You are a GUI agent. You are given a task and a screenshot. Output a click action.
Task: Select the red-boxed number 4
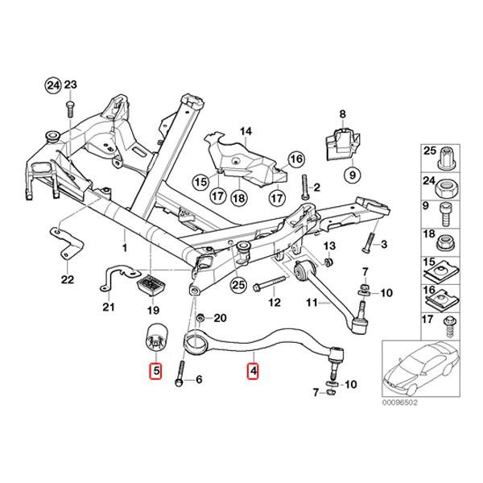pyautogui.click(x=253, y=372)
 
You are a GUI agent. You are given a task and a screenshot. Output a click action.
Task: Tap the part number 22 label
pyautogui.click(x=67, y=279)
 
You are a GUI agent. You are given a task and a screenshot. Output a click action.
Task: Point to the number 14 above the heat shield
pyautogui.click(x=245, y=130)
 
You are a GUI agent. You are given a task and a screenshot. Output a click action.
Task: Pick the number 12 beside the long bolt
pyautogui.click(x=275, y=303)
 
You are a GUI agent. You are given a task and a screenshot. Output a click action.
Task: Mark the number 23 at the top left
pyautogui.click(x=70, y=85)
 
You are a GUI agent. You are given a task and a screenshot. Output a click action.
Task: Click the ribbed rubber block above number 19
pyautogui.click(x=151, y=284)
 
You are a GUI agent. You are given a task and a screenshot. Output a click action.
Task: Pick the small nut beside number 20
pyautogui.click(x=201, y=318)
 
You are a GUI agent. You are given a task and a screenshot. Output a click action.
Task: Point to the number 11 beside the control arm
pyautogui.click(x=310, y=303)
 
